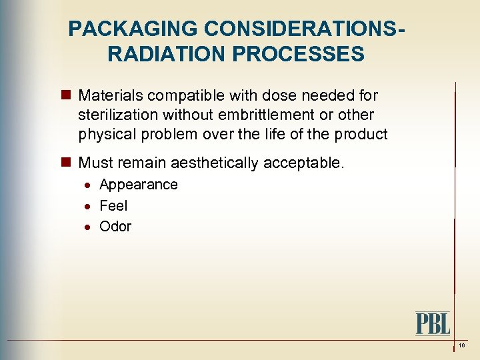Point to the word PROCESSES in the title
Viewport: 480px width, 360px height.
tap(299, 53)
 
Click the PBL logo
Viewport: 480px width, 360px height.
tap(433, 323)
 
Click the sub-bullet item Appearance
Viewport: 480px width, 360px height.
tap(138, 185)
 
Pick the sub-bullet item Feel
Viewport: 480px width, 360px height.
tap(113, 205)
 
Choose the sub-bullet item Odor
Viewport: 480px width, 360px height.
tap(115, 226)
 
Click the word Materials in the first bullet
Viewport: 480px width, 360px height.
tap(107, 96)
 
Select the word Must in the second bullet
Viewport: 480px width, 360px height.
tap(95, 163)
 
